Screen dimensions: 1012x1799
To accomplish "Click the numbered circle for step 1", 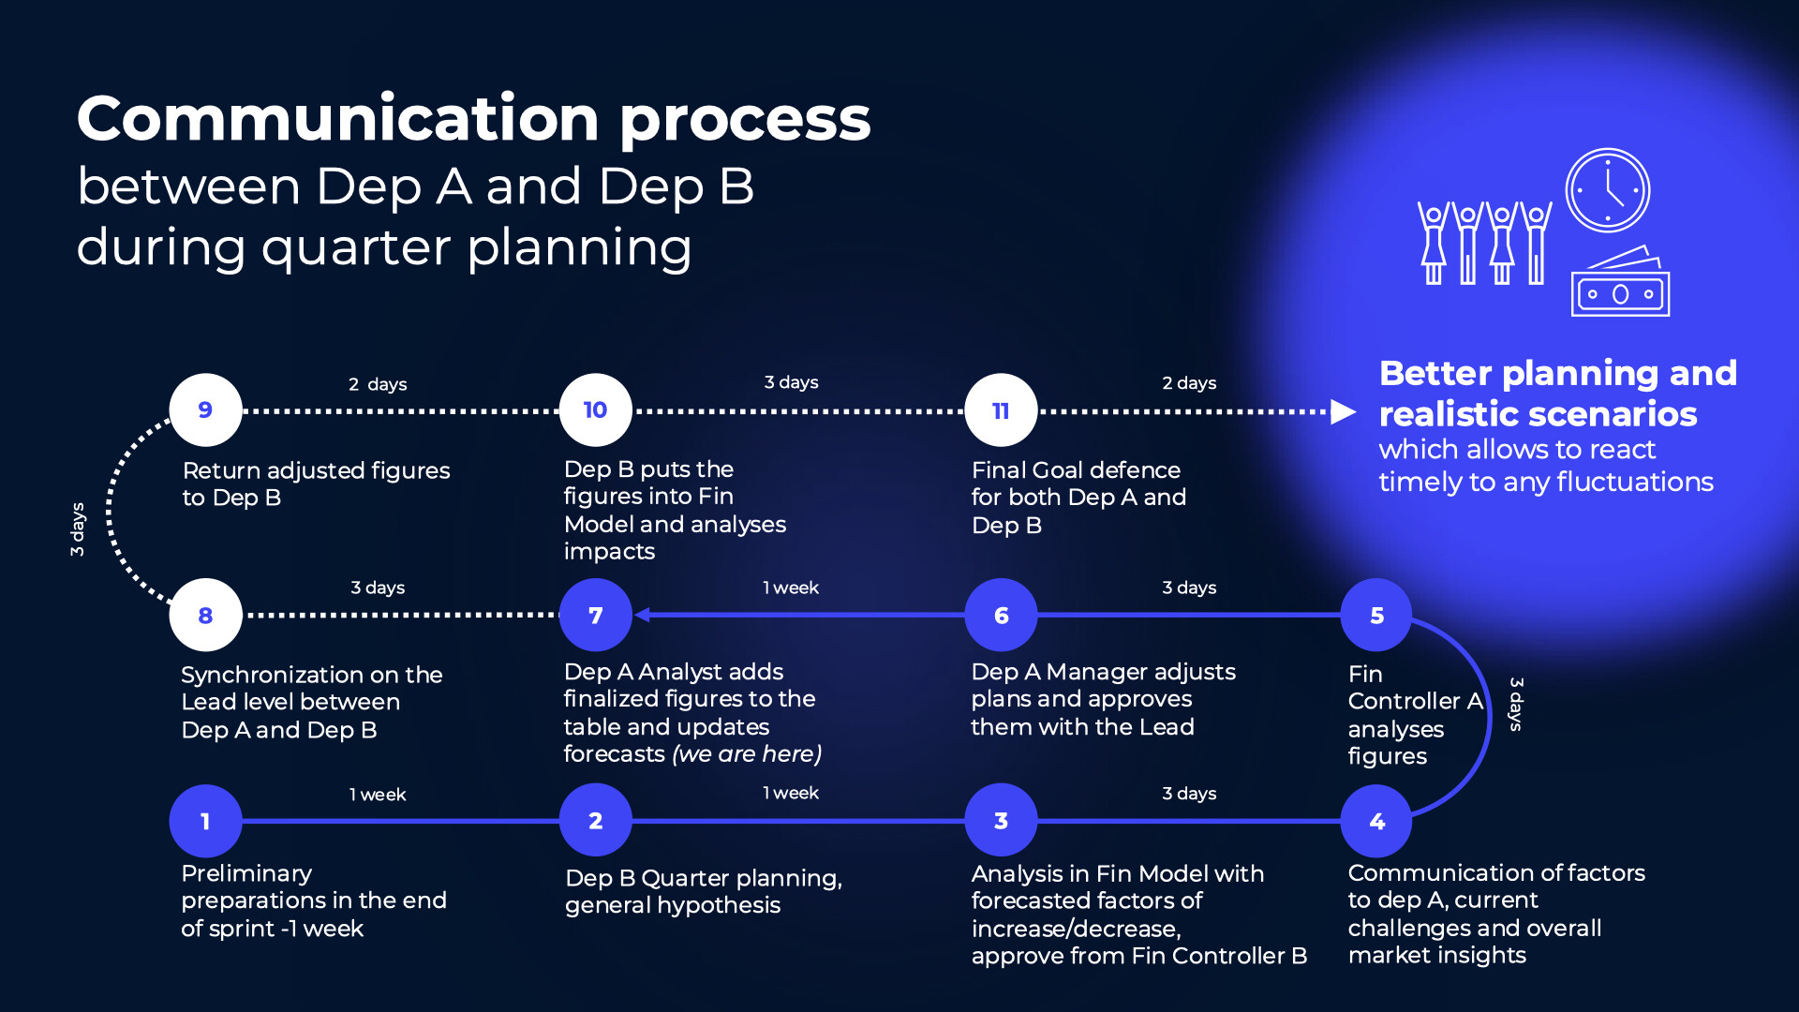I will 205,821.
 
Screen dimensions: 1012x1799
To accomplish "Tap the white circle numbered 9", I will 205,410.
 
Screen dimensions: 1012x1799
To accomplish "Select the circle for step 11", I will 1001,410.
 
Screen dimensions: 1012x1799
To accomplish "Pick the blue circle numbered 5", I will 1376,616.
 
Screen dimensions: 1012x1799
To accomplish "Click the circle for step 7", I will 595,616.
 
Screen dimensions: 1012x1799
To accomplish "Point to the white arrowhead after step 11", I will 1344,411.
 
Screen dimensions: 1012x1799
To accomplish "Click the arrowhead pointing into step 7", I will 643,615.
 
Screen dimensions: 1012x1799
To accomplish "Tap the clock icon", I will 1608,190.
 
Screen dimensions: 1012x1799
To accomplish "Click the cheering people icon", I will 1484,243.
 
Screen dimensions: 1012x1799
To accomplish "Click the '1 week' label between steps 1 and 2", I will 378,795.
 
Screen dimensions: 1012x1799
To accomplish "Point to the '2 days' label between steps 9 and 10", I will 378,384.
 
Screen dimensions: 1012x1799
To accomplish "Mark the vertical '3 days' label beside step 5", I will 1516,704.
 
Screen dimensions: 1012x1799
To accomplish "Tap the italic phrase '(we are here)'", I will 747,754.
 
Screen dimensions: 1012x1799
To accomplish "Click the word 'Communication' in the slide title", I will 337,119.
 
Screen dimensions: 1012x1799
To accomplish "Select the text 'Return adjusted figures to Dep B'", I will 316,484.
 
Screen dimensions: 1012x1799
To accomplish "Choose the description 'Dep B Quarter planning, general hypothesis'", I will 703,891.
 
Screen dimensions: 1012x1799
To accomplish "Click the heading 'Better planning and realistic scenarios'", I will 1557,394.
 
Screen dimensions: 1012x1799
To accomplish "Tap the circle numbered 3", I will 1001,821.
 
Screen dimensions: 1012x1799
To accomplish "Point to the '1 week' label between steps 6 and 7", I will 791,588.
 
